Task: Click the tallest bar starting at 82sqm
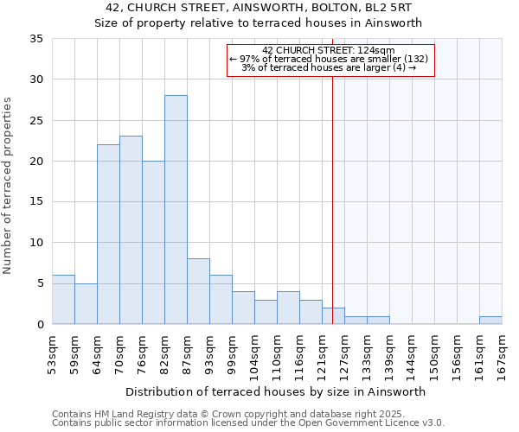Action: pyautogui.click(x=176, y=210)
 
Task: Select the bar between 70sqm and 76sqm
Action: pyautogui.click(x=131, y=230)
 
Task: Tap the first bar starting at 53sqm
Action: pyautogui.click(x=63, y=300)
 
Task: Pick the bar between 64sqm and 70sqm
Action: pyautogui.click(x=108, y=234)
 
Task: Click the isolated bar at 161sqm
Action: pyautogui.click(x=490, y=321)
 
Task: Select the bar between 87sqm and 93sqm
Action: pyautogui.click(x=198, y=291)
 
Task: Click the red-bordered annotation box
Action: pyautogui.click(x=330, y=60)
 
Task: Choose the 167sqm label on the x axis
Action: pyautogui.click(x=503, y=353)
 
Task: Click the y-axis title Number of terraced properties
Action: pyautogui.click(x=8, y=186)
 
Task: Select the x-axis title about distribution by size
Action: pyautogui.click(x=276, y=391)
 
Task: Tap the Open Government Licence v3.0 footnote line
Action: pyautogui.click(x=248, y=423)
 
